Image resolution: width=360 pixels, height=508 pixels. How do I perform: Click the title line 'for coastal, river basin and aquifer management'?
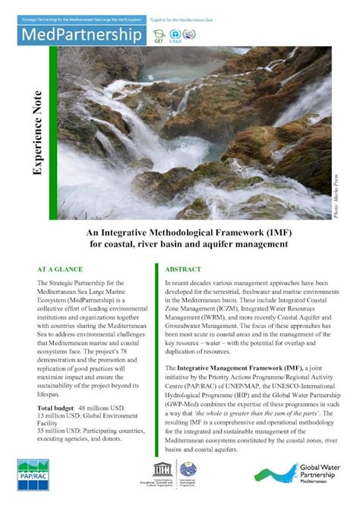pyautogui.click(x=179, y=245)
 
